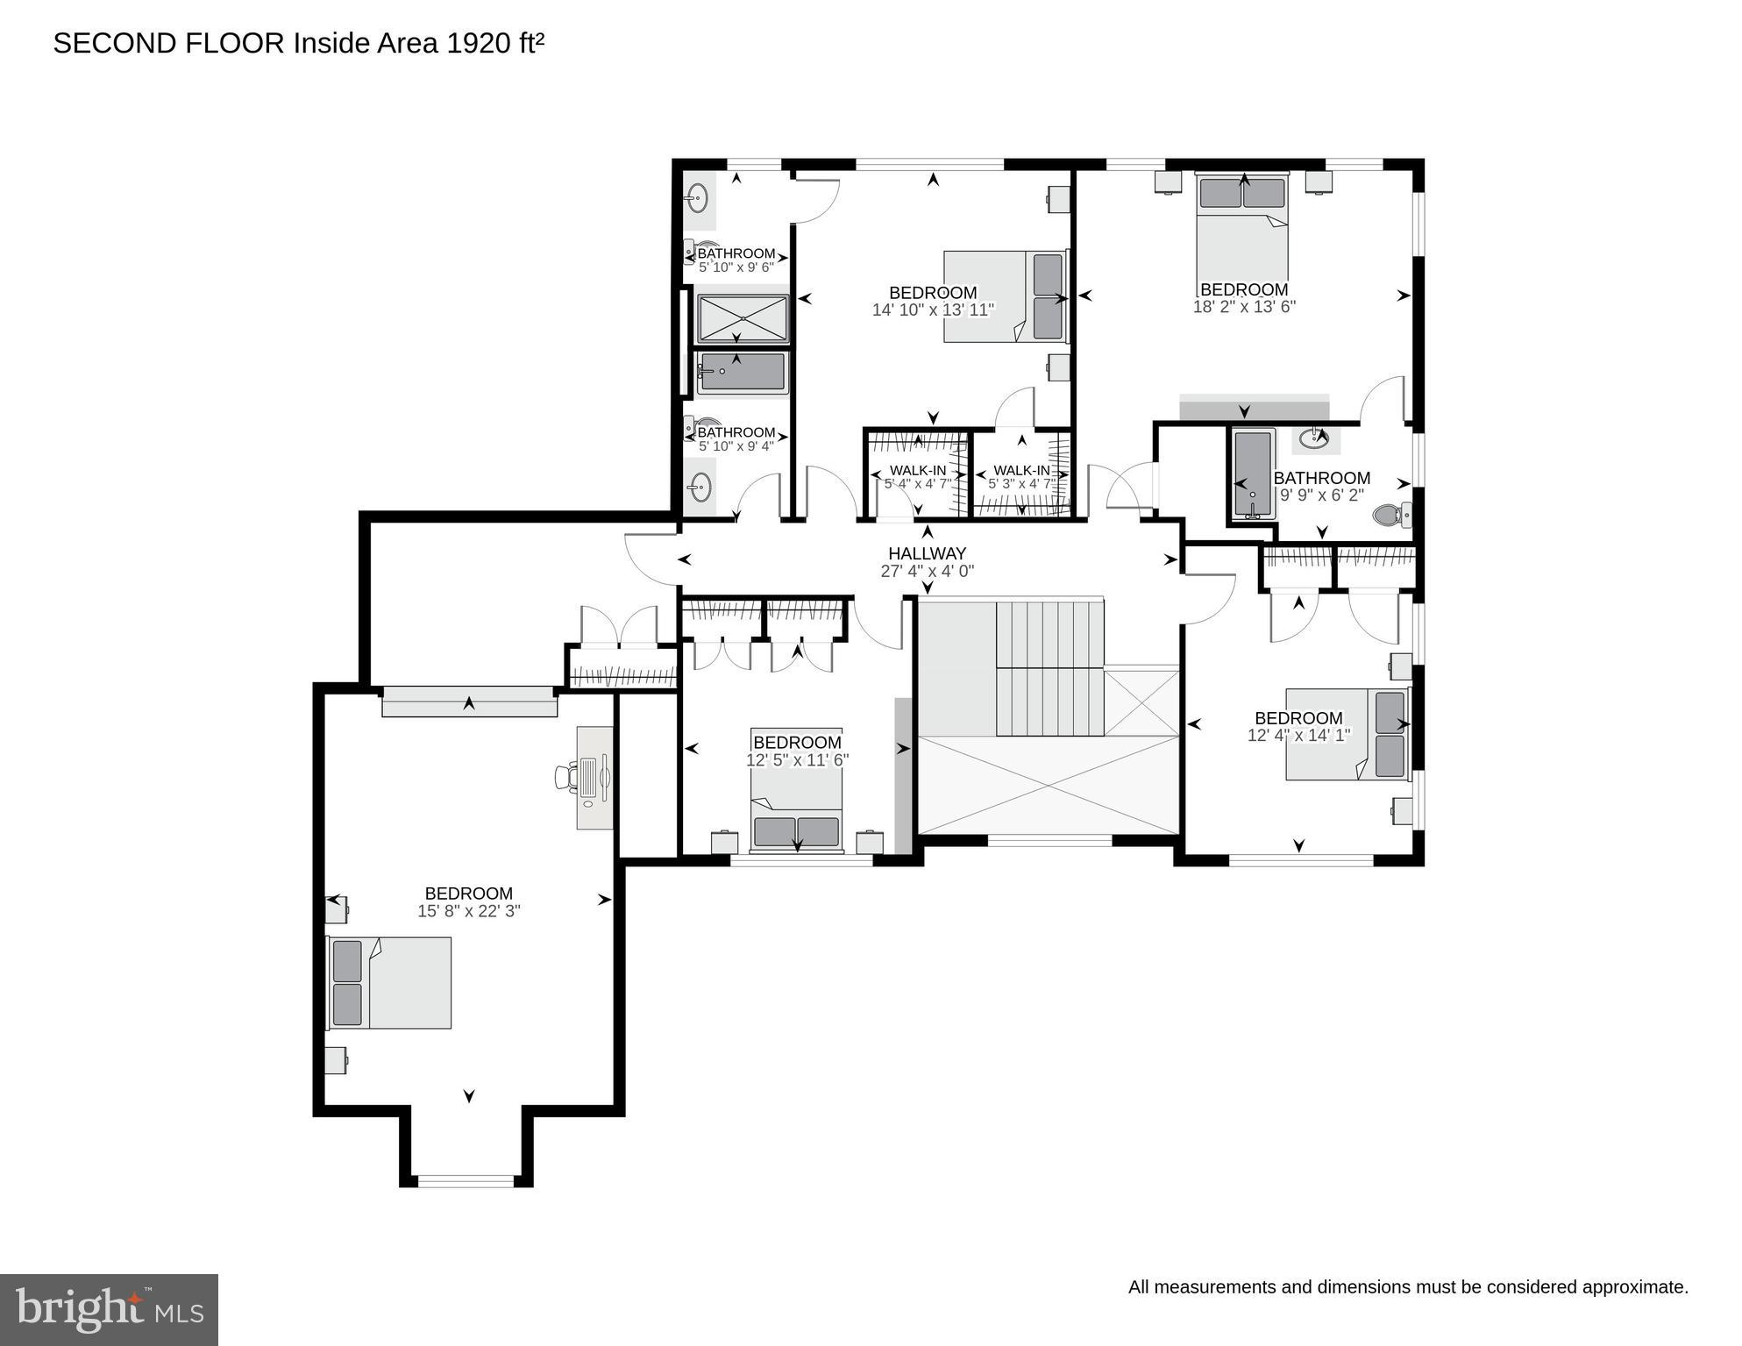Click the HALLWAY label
click(927, 553)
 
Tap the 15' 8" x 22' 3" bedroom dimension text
click(468, 911)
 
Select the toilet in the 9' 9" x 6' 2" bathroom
click(1390, 515)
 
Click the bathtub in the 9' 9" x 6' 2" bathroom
click(1252, 474)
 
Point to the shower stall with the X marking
click(743, 317)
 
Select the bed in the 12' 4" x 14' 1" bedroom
click(1346, 734)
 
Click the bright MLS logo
click(109, 1309)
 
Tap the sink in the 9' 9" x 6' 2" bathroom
click(1314, 438)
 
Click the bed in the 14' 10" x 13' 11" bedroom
click(1006, 296)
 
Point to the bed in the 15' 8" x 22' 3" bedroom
click(390, 982)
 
